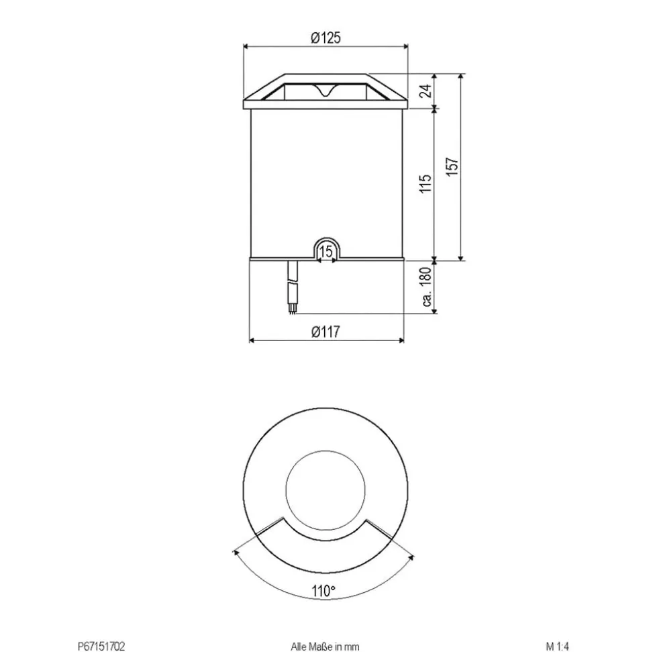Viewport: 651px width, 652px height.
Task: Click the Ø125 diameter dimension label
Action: click(325, 38)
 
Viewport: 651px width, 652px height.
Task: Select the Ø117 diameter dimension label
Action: click(325, 332)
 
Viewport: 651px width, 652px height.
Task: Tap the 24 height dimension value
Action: click(425, 91)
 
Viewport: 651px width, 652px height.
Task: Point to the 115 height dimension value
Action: click(425, 183)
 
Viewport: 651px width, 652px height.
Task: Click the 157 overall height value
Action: click(452, 167)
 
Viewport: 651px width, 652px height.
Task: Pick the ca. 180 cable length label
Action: click(426, 287)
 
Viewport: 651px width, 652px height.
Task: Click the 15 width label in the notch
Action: click(326, 251)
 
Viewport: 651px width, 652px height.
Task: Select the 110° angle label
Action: click(323, 591)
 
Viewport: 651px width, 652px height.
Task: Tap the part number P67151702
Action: click(101, 646)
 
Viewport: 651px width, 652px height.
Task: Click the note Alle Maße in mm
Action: click(325, 646)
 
